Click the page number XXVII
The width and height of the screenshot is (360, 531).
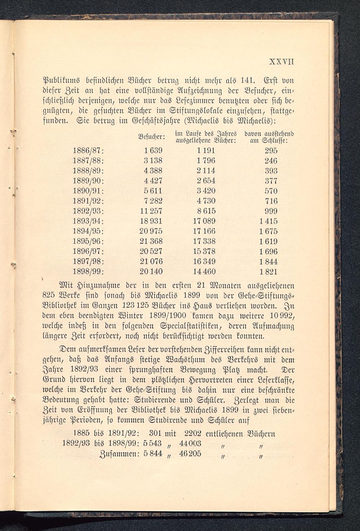tap(282, 62)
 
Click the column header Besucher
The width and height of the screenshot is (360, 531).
tap(152, 137)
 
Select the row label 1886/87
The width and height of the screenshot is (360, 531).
tap(88, 150)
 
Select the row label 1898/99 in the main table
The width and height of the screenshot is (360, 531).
tap(88, 271)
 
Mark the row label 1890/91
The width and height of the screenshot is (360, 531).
tap(88, 191)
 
